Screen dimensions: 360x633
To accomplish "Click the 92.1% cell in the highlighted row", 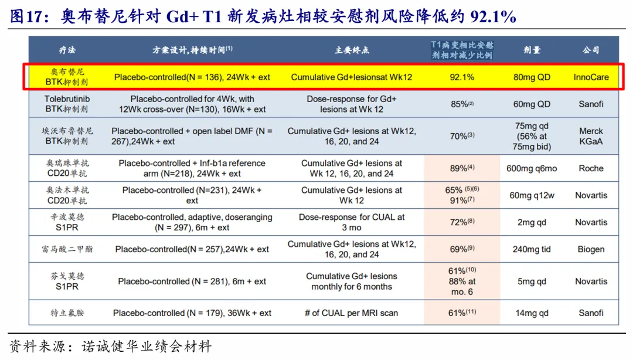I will [462, 77].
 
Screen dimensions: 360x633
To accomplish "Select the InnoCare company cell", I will [591, 77].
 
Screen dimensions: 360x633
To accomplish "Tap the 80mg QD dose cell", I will [532, 77].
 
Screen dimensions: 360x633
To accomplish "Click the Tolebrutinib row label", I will [67, 104].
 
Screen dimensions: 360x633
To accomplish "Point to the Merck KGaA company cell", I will [591, 136].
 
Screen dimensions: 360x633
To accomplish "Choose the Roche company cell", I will [591, 168].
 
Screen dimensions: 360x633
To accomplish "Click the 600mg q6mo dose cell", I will [532, 168].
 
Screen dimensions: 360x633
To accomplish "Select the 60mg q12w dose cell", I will [532, 195].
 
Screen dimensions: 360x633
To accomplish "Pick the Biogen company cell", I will [591, 249].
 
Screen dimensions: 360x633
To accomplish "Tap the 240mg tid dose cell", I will [532, 249].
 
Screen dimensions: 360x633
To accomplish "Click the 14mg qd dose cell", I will [532, 313].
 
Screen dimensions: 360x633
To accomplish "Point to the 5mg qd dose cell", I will [532, 281].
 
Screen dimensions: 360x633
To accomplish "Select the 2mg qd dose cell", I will [532, 222].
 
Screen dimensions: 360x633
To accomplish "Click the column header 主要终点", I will [352, 50].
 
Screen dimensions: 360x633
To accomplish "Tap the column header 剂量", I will [532, 50].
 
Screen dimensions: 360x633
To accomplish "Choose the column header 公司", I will [591, 50].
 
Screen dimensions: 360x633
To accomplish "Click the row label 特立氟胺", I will [67, 313].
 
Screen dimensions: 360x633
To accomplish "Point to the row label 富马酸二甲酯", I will [67, 249].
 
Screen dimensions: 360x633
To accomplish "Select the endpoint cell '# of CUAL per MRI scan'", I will [352, 313].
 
